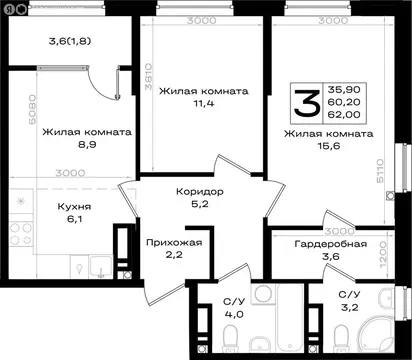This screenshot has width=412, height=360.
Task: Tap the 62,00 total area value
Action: click(344, 115)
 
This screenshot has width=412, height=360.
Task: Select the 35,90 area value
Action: click(344, 88)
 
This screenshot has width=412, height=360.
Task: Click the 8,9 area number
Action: click(83, 144)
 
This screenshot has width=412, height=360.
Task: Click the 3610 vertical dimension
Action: click(147, 76)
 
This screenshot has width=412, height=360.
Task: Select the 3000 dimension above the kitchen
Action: click(70, 173)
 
